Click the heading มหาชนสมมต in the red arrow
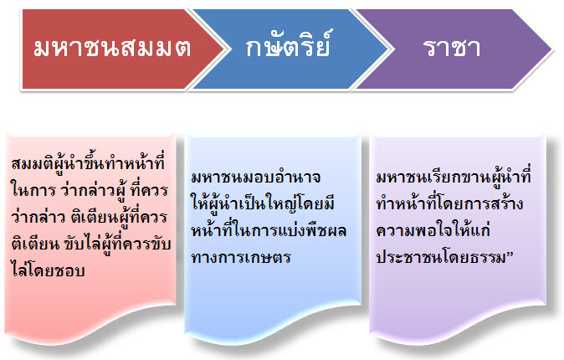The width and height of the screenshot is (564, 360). coord(112,49)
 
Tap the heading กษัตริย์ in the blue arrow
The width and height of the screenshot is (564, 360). coord(287,45)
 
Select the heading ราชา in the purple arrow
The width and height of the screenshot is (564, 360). coord(452,48)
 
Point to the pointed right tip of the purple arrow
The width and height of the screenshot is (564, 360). coord(551,49)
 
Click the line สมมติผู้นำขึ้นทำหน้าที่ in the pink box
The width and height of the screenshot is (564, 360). coord(88,162)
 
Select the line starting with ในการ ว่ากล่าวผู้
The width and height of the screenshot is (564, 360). coord(90,190)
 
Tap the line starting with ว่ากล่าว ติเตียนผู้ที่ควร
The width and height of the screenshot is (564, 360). coord(90,217)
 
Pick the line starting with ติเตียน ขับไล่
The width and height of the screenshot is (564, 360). coord(90,244)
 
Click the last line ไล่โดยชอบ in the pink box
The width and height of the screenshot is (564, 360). coord(48,270)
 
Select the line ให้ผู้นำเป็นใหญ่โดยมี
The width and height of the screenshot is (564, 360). coord(263,203)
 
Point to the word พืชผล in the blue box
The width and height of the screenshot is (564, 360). coord(326,230)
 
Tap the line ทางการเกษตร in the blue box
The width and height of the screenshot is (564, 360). coord(241,257)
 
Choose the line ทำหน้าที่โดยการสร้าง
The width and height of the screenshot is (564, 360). coord(449,203)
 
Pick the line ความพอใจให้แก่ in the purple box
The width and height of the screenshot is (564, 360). coord(433,229)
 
